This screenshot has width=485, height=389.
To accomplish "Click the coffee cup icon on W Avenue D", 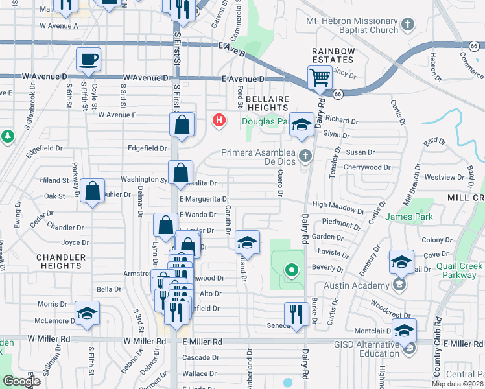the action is [x=89, y=60].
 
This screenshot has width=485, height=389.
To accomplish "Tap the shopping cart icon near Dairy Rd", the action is [x=320, y=77].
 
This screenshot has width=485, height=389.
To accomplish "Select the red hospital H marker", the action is [x=219, y=120].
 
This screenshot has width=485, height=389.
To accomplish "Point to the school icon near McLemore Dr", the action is [x=87, y=313].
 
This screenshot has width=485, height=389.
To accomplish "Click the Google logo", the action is [x=21, y=381].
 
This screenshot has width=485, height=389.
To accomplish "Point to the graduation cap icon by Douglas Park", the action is [x=302, y=124].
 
